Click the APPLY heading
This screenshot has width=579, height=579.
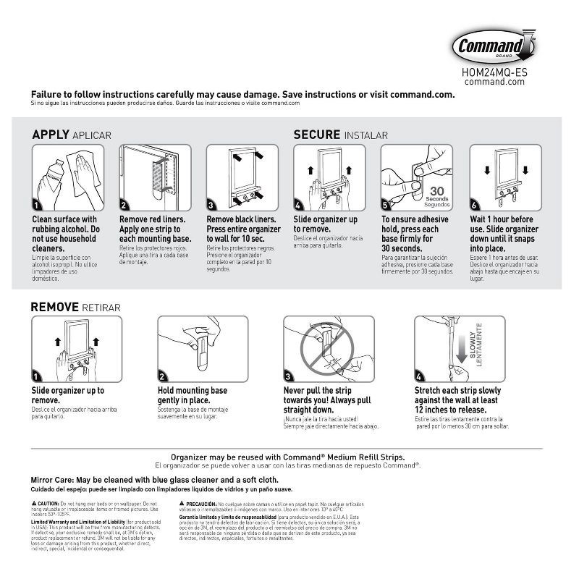point(51,135)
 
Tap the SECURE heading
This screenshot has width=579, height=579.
point(316,135)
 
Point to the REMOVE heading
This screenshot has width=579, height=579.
point(54,307)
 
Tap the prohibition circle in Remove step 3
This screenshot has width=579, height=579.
point(326,347)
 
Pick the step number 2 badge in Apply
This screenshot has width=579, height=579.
point(124,205)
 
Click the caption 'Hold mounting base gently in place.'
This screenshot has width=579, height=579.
point(194,395)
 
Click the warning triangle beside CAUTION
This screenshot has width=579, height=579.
point(34,502)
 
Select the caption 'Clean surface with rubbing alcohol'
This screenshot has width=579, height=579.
point(64,224)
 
